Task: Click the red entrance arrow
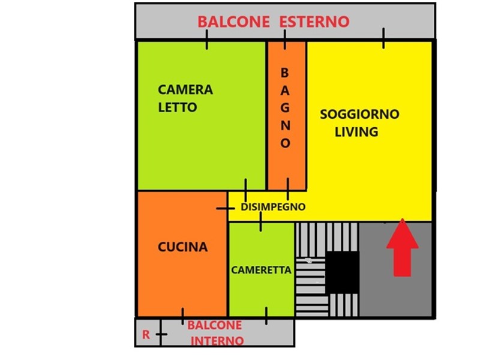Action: (402, 247)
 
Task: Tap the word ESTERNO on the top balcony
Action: (314, 22)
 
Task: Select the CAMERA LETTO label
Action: (185, 98)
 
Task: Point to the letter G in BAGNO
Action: (285, 108)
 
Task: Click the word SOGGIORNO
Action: (359, 114)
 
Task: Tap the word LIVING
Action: (356, 132)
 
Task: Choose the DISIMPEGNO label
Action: (273, 207)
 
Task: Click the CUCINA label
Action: (183, 247)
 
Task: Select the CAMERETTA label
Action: (261, 270)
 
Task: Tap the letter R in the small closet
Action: (146, 335)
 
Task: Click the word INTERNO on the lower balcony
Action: (217, 341)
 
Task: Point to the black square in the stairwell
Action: (342, 272)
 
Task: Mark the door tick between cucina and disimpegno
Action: (226, 208)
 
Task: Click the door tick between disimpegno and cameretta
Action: (260, 221)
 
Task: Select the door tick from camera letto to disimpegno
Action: (245, 190)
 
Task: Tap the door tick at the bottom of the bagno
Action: (288, 189)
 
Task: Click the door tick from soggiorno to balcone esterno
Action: (383, 38)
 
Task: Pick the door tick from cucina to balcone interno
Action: (183, 316)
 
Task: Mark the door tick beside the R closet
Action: (161, 334)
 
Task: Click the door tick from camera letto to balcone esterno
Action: (207, 40)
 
